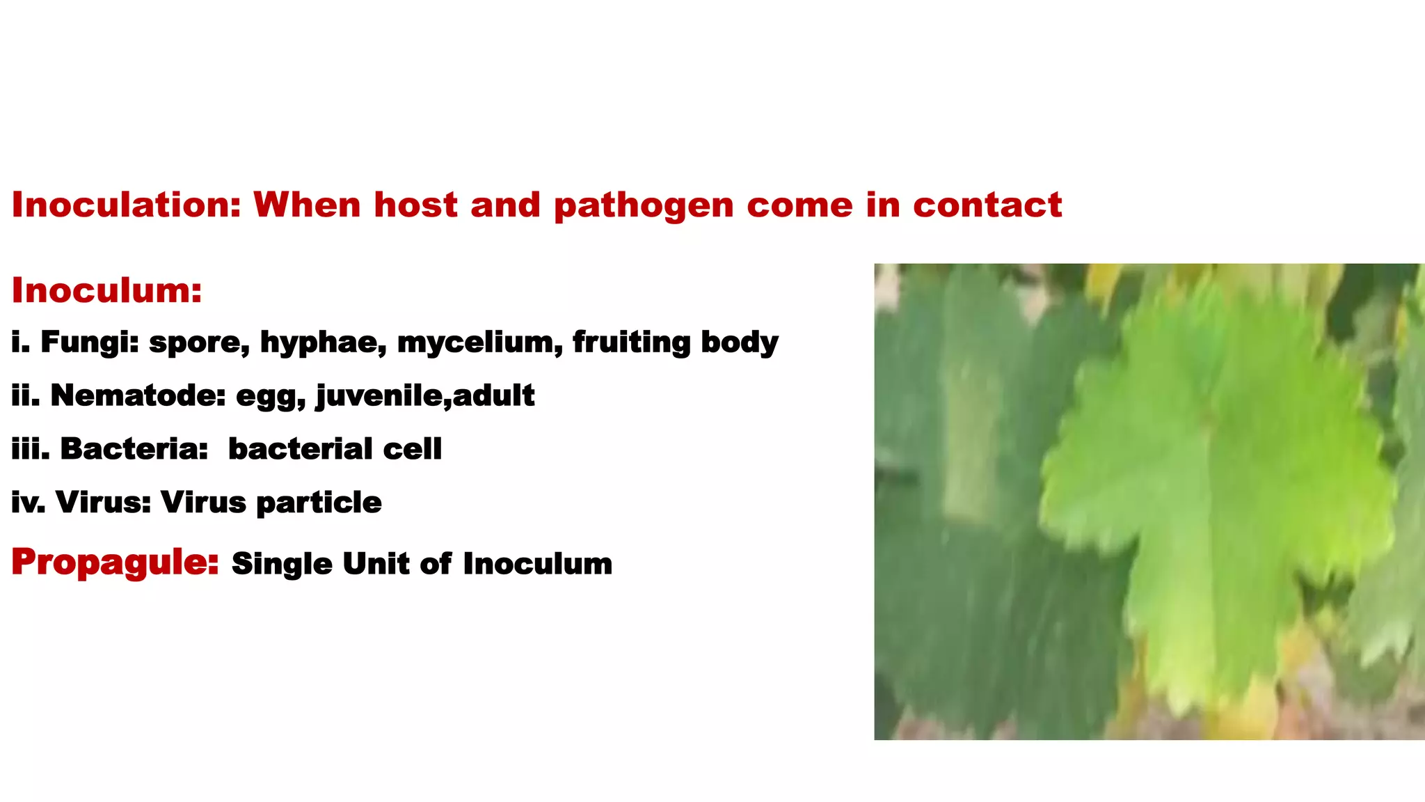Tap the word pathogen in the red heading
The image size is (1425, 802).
[644, 206]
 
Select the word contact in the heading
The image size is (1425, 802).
[987, 205]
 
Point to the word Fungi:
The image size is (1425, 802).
[90, 343]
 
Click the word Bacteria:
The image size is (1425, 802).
[134, 449]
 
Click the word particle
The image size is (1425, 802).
[319, 503]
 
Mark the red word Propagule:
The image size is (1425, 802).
[116, 563]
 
